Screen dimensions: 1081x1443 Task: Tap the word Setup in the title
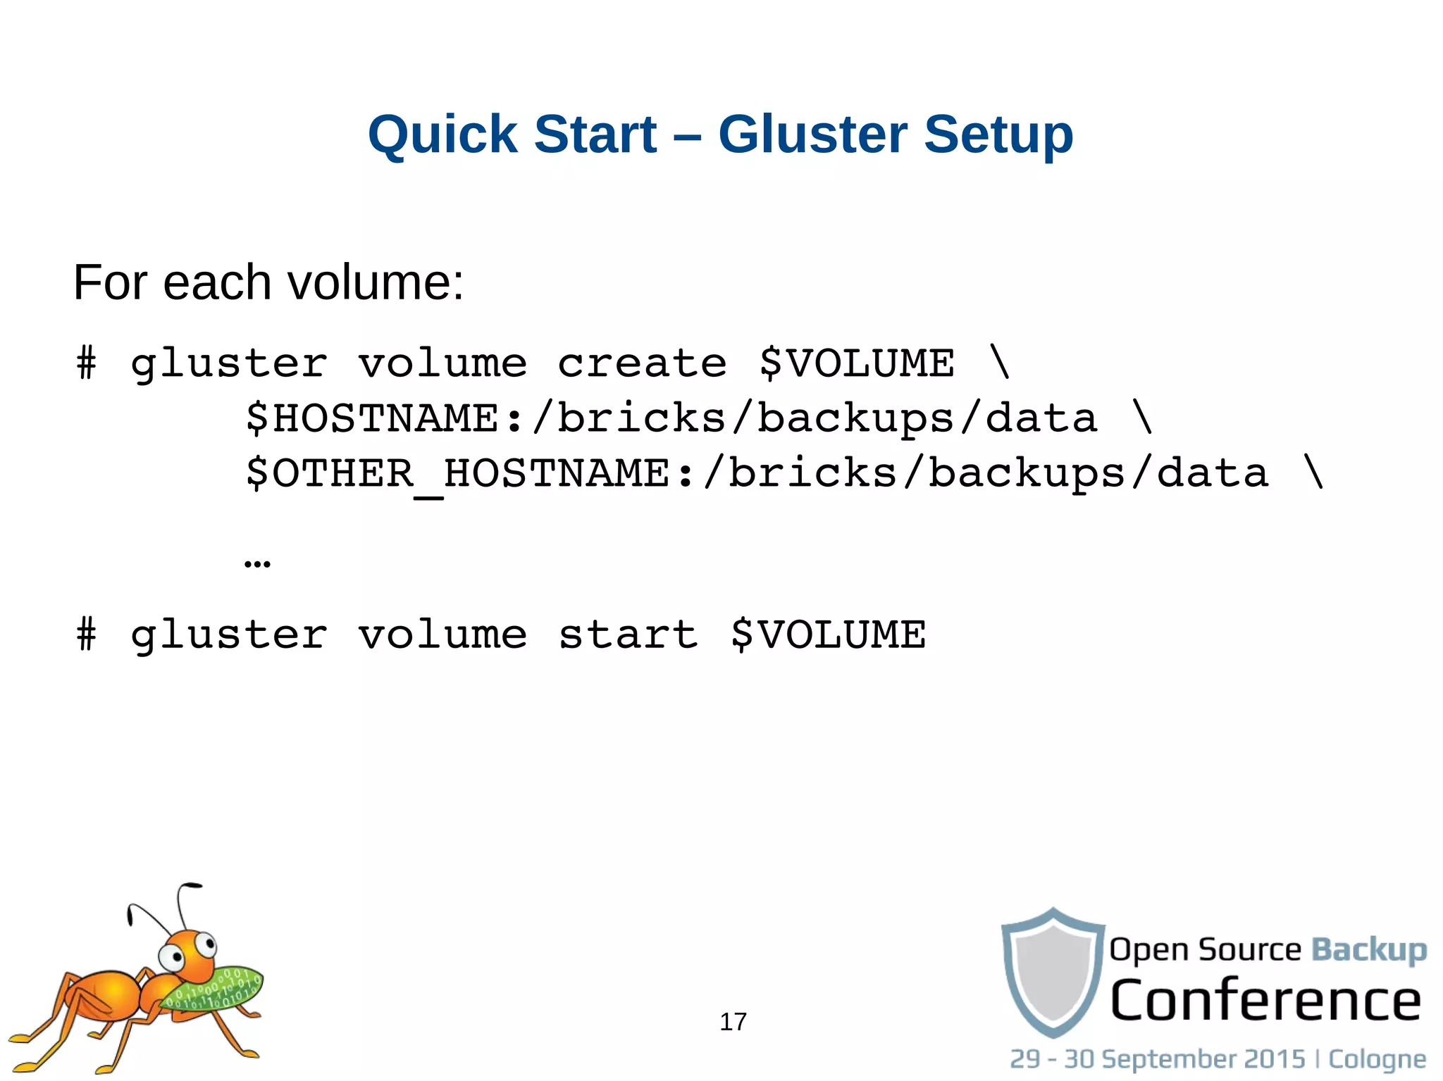coord(998,135)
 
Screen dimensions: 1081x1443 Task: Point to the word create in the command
coord(642,363)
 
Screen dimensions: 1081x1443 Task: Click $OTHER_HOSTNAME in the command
coord(457,473)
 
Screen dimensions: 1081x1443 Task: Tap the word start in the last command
coord(628,635)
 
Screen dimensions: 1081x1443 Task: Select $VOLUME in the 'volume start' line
coord(828,635)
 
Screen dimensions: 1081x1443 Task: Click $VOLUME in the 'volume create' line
coord(857,363)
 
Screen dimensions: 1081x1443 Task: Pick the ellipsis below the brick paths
coord(257,563)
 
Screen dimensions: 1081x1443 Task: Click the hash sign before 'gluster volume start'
coord(86,635)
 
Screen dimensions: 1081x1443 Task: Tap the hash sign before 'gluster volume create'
coord(86,363)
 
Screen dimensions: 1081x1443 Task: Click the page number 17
coord(733,1022)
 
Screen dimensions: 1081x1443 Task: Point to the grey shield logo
coord(1053,973)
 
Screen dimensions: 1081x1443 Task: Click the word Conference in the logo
coord(1265,1000)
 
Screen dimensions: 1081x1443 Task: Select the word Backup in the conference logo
coord(1368,950)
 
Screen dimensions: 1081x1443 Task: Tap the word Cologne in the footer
coord(1377,1059)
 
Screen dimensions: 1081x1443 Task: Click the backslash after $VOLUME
coord(1000,363)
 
